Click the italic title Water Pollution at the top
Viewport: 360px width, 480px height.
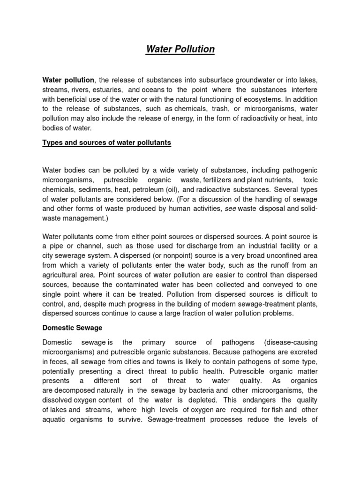[180, 49]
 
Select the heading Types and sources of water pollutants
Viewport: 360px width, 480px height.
[107, 142]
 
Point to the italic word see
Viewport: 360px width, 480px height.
[230, 209]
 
